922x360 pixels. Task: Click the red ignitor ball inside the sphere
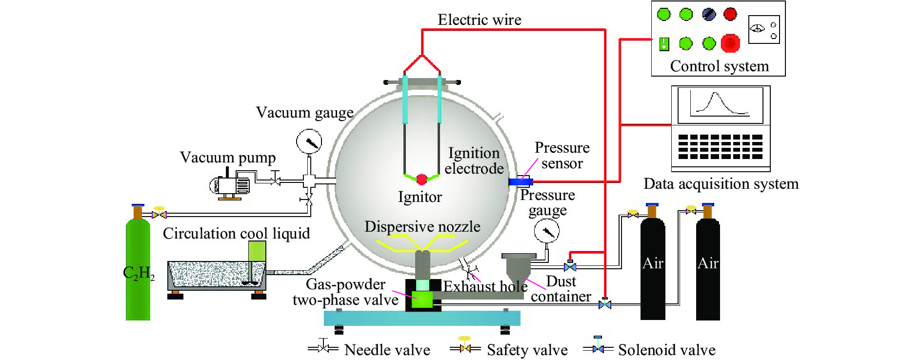point(422,179)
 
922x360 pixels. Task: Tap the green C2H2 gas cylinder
point(138,271)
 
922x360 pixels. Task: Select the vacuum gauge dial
point(309,142)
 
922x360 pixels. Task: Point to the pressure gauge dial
point(547,232)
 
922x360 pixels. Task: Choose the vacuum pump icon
point(230,185)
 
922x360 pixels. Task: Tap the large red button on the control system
point(730,43)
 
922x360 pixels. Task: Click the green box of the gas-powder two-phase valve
point(422,299)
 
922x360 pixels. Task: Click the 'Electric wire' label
point(479,20)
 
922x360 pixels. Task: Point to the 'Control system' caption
point(719,66)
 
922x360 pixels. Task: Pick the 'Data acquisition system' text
point(721,184)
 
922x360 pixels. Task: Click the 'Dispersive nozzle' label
point(422,227)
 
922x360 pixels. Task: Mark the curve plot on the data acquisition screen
point(720,104)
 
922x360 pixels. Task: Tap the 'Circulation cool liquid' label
point(236,234)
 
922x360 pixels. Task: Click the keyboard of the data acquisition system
point(720,147)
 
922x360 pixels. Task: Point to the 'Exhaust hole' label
point(485,286)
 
